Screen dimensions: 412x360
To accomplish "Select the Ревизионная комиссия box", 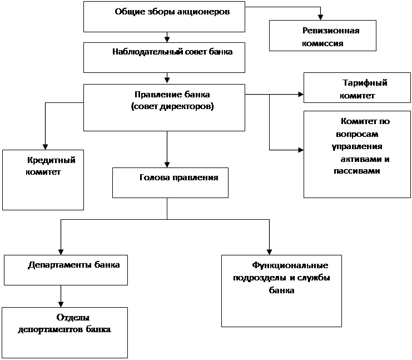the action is coord(322,36).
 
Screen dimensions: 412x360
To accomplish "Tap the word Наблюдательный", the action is coord(148,52).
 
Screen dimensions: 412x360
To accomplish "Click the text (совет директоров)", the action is coord(172,106).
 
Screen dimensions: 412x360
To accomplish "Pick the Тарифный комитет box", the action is coord(357,87).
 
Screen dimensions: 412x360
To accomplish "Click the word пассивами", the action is coord(357,171).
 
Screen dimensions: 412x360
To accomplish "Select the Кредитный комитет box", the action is coord(43,180).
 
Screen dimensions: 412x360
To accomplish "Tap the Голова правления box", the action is coord(170,183).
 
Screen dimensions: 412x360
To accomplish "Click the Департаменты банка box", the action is coord(66,270).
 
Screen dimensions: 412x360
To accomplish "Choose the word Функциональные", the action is coord(290,265).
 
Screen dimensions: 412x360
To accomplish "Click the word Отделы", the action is coord(73,318).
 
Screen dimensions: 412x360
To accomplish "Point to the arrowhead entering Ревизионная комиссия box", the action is coord(320,17).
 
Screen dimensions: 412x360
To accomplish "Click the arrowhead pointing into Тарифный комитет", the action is coord(301,95).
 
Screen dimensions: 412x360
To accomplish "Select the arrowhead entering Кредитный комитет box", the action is coord(45,147).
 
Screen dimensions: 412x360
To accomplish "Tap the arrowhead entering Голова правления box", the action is coord(167,165).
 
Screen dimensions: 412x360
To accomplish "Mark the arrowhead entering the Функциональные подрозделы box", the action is coord(269,252).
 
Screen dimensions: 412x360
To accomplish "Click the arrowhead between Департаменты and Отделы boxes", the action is coord(61,304).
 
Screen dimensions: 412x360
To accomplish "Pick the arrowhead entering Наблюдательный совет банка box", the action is coord(167,40).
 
